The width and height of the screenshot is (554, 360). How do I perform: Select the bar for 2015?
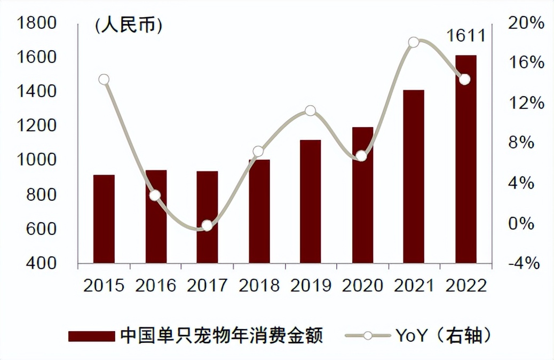[104, 219]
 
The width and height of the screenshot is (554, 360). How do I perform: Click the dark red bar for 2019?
[310, 201]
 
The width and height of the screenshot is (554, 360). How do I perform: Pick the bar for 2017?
[207, 217]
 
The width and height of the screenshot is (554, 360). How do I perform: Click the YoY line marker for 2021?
[414, 42]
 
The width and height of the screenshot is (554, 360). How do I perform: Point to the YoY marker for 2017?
[207, 226]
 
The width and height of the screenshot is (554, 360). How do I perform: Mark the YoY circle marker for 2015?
[104, 80]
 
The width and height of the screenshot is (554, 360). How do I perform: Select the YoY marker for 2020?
[361, 156]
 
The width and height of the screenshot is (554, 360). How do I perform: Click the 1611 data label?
[466, 36]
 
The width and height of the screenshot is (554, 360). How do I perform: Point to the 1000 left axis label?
[37, 160]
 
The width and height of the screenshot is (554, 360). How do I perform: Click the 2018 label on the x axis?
[259, 286]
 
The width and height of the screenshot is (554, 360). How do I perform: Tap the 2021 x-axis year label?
[414, 286]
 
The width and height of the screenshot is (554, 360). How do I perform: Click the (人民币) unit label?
[128, 26]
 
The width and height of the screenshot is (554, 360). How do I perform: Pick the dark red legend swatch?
[91, 336]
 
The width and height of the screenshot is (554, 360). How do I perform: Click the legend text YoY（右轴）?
[444, 336]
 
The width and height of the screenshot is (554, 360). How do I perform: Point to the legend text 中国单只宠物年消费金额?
[221, 336]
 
